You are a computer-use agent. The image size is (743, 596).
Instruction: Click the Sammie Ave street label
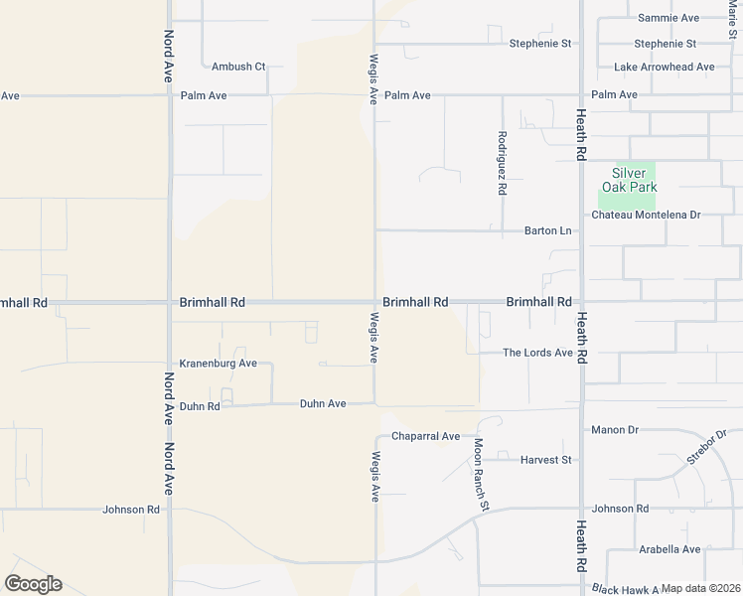(669, 18)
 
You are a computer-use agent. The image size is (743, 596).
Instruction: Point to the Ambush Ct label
(238, 67)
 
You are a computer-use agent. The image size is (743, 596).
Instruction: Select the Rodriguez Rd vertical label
(503, 161)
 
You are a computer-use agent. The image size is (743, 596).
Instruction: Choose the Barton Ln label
(548, 231)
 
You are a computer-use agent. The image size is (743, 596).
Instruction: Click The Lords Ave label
(537, 353)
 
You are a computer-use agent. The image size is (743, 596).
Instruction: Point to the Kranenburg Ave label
(218, 364)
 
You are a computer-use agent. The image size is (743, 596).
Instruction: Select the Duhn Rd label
(199, 405)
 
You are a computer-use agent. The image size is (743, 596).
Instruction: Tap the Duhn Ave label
(323, 404)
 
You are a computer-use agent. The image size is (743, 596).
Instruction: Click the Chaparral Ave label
(425, 436)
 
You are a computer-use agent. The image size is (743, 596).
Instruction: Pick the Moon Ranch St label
(481, 475)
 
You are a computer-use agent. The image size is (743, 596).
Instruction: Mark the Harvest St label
(546, 460)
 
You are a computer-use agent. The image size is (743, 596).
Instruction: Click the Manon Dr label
(614, 430)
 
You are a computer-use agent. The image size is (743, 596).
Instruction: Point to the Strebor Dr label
(706, 447)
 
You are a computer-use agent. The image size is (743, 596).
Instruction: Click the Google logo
(33, 584)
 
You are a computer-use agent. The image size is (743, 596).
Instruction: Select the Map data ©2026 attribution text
(701, 589)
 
